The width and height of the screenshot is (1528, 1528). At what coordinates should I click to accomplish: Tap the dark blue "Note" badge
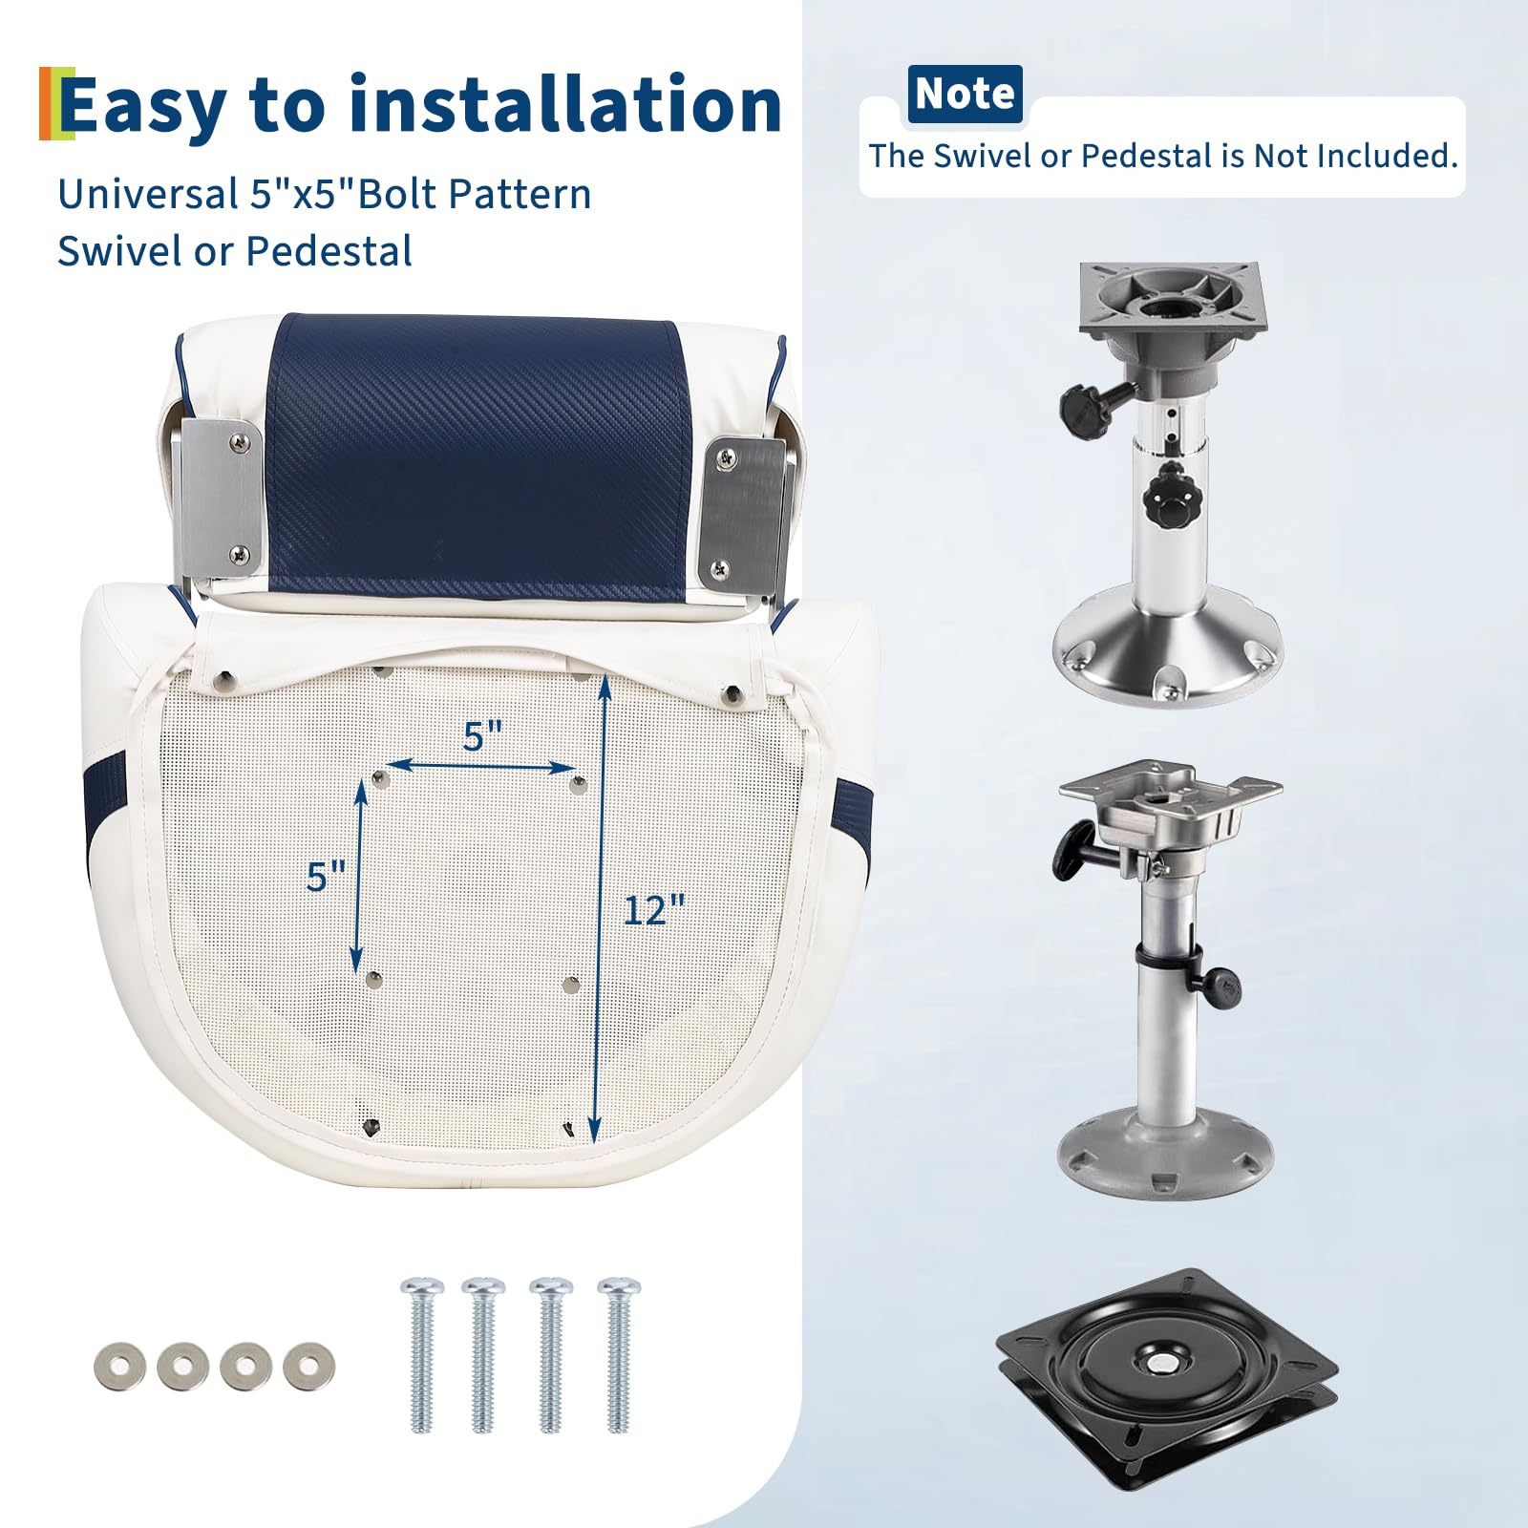click(x=965, y=94)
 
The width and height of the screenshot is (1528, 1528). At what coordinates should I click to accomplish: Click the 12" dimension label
click(x=654, y=910)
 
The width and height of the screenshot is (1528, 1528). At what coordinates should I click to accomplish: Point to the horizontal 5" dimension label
click(x=482, y=736)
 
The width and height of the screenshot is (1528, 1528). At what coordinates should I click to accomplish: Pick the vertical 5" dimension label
click(x=326, y=876)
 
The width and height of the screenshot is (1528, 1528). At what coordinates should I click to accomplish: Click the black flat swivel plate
click(x=1166, y=1366)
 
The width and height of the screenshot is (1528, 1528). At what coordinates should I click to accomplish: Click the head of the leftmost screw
click(x=422, y=1288)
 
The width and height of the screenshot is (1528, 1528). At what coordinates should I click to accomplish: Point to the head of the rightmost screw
click(x=619, y=1288)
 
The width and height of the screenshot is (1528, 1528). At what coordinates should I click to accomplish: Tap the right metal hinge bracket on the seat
click(x=751, y=513)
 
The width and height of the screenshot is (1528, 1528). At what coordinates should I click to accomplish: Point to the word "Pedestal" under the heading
click(x=329, y=251)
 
